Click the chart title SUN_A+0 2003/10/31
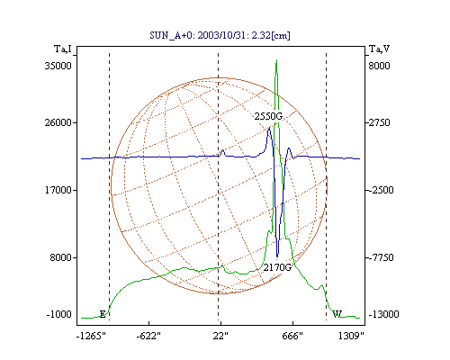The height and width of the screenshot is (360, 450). tap(220, 35)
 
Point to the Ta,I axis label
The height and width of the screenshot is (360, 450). tap(63, 49)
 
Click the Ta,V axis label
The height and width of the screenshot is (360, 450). tap(380, 49)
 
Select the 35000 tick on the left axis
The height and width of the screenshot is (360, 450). tap(58, 66)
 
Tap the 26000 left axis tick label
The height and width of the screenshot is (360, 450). tap(58, 122)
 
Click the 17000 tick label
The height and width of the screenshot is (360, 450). tap(58, 190)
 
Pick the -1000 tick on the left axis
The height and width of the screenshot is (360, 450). tap(59, 314)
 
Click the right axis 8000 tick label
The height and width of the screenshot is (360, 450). tap(379, 66)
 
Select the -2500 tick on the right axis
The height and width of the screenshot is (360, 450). tap(381, 190)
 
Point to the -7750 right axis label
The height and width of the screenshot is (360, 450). tap(381, 257)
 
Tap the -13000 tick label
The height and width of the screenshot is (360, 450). tap(383, 314)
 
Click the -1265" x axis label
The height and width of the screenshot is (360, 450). tap(92, 336)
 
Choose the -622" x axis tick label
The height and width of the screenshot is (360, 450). tap(148, 336)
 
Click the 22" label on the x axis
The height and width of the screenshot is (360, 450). tap(220, 336)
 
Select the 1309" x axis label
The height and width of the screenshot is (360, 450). tap(351, 336)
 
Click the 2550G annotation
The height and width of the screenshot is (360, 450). tap(268, 116)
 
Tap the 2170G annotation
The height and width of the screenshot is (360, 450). tap(277, 267)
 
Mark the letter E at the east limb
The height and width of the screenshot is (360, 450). tap(103, 314)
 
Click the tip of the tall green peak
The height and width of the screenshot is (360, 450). tap(276, 59)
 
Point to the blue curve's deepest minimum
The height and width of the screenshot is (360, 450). tap(277, 256)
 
